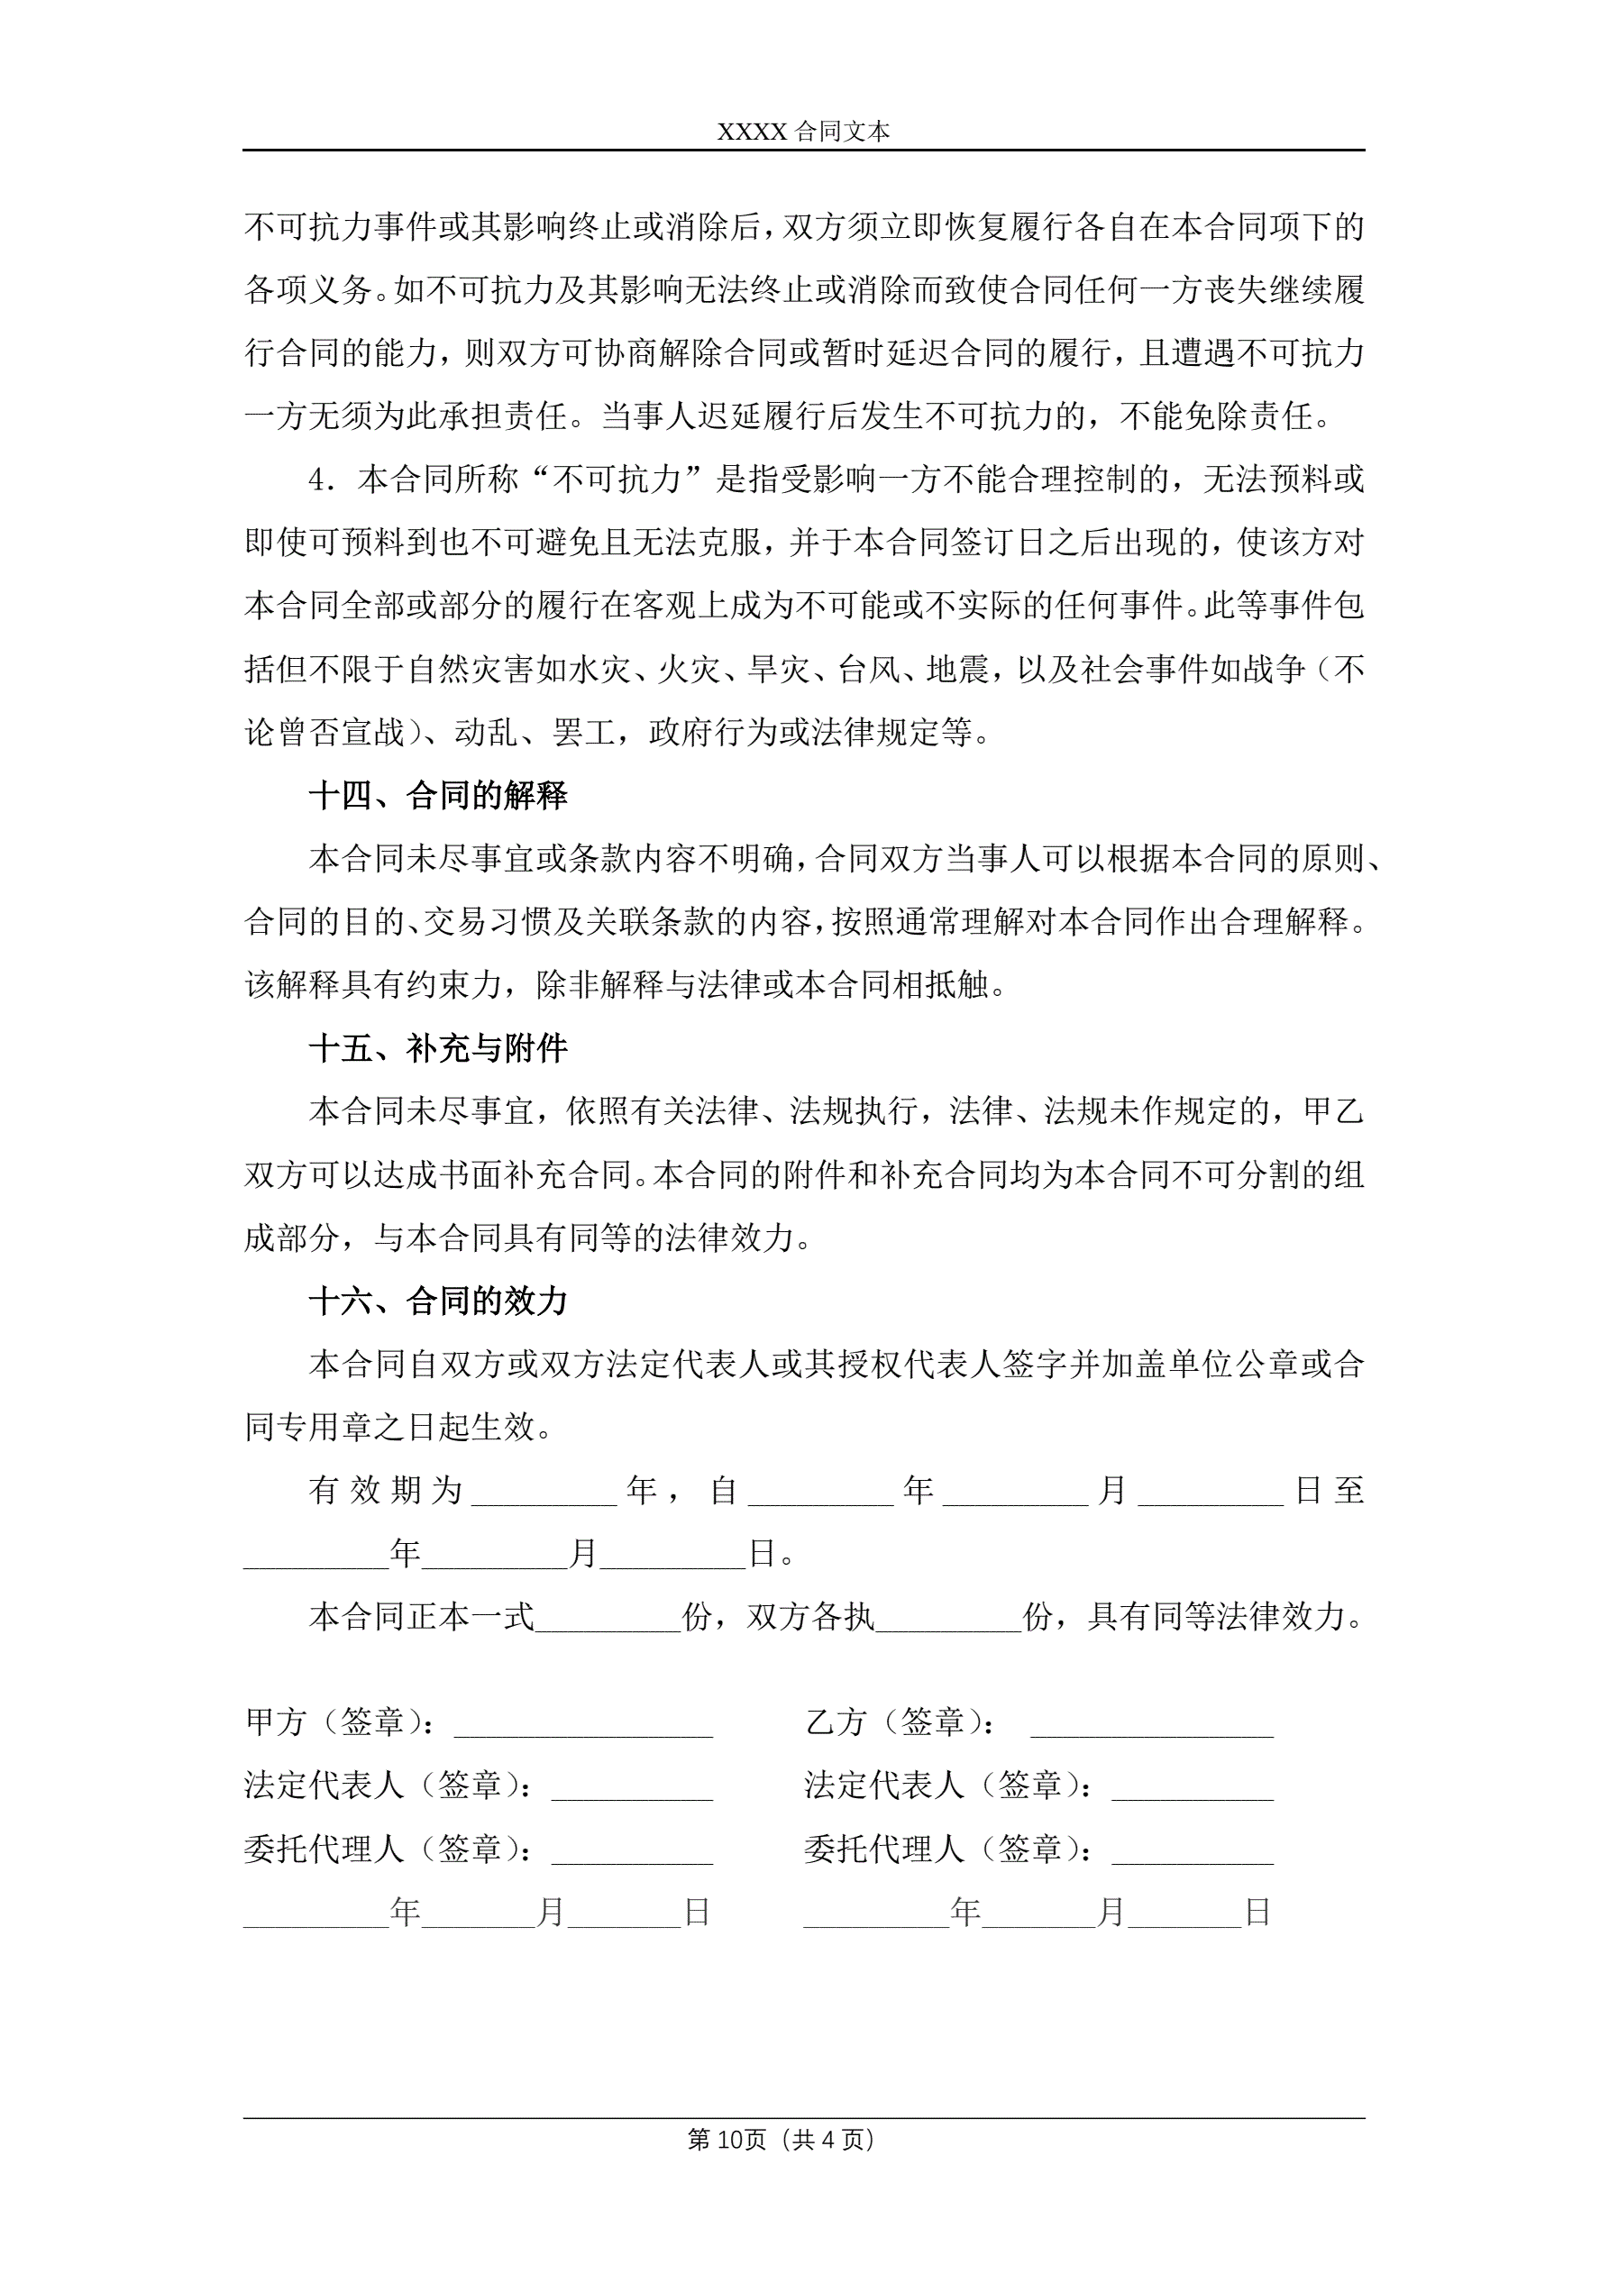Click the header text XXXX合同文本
pyautogui.click(x=803, y=132)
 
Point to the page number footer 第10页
pyautogui.click(x=727, y=2141)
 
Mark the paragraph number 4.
pyautogui.click(x=322, y=480)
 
